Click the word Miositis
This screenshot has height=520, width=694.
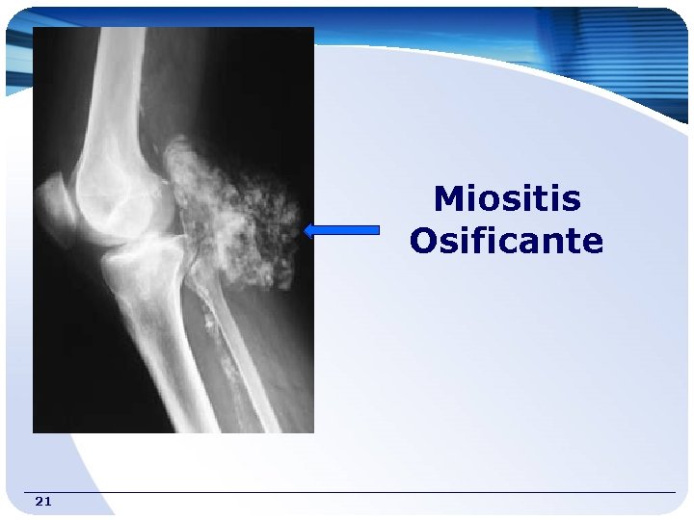coord(507,199)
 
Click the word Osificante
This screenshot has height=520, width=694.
coord(506,241)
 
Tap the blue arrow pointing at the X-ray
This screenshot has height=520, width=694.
coord(342,230)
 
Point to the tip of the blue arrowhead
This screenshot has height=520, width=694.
coord(305,230)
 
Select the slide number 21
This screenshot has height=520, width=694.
coord(42,501)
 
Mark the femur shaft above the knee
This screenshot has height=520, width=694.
coord(110,87)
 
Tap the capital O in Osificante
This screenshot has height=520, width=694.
coord(425,241)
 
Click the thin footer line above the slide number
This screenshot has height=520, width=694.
coord(347,493)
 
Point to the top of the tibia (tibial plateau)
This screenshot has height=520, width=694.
coord(145,250)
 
